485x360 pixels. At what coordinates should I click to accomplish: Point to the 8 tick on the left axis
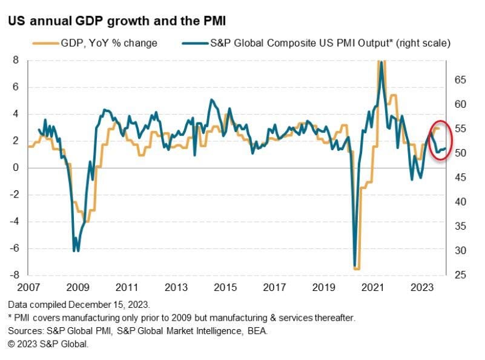pyautogui.click(x=16, y=61)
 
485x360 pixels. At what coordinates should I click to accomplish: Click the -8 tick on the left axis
pyautogui.click(x=13, y=275)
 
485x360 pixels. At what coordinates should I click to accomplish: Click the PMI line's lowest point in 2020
pyautogui.click(x=354, y=265)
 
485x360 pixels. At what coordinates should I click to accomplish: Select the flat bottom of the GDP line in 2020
pyautogui.click(x=357, y=268)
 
